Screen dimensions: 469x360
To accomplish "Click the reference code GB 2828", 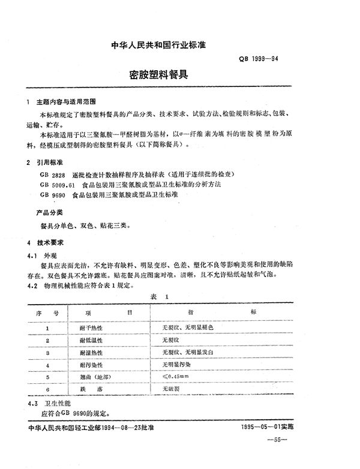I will point(53,174).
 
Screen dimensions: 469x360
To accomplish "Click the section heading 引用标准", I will point(52,163).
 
